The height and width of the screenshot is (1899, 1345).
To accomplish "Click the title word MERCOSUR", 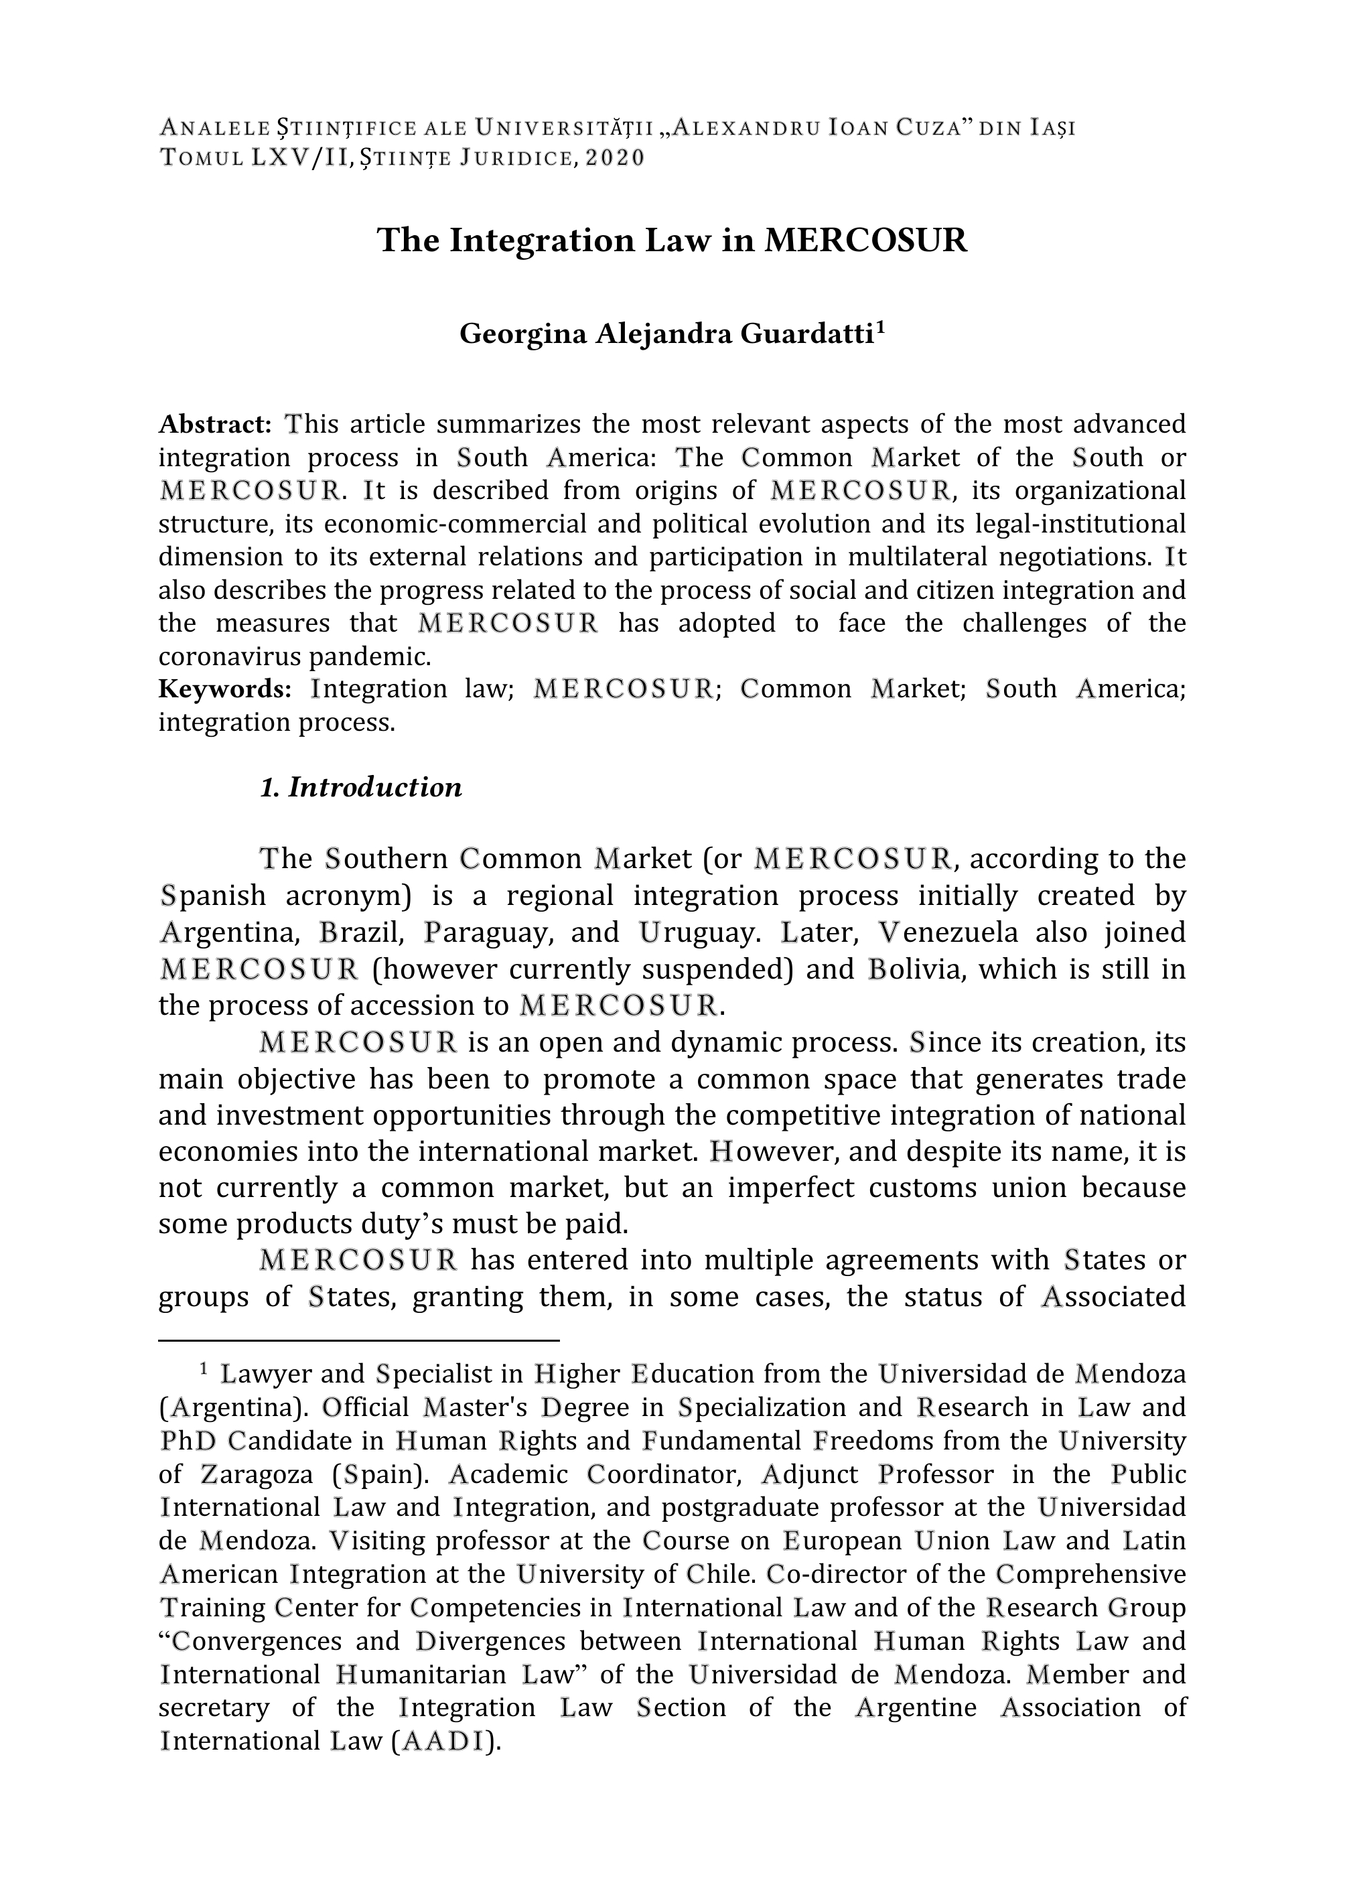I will (865, 241).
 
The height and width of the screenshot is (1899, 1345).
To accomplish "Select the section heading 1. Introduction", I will (361, 787).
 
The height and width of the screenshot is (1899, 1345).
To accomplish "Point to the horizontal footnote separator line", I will (360, 1339).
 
